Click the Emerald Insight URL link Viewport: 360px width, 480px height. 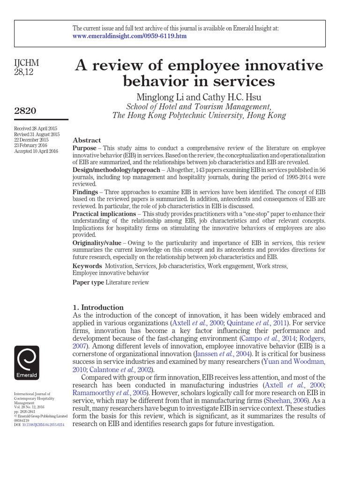129,37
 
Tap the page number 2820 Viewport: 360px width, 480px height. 26,111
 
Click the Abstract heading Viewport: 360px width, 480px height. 87,140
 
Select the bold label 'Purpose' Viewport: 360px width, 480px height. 85,148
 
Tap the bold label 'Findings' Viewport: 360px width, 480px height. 85,192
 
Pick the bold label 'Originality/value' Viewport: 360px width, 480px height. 97,243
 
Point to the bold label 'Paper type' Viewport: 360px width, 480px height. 88,282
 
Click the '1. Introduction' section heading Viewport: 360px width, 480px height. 98,307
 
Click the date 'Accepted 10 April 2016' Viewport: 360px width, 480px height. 37,151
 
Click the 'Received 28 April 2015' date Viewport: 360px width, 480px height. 36,128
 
